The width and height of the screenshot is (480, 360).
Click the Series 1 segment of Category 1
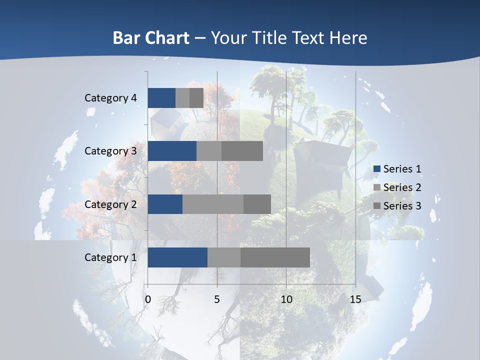177,257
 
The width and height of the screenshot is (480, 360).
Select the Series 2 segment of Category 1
224,257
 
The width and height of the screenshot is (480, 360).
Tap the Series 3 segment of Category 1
275,257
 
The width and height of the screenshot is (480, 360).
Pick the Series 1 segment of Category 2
165,204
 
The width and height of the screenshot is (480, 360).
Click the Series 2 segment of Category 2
213,204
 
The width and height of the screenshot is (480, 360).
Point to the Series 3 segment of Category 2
257,204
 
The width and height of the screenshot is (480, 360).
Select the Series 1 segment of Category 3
172,151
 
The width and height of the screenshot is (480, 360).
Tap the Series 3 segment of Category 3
242,151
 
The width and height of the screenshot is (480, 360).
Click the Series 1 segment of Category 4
161,98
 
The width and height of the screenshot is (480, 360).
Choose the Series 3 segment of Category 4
196,98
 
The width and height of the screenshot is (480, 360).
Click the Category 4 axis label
110,98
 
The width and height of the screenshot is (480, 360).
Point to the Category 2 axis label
110,204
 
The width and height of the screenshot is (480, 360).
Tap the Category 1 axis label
110,257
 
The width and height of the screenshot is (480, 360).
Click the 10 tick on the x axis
286,299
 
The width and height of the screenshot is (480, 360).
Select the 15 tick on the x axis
355,299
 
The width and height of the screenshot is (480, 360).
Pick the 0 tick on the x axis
147,299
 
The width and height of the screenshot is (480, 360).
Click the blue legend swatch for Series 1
376,169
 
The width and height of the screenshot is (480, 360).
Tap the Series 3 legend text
402,206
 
